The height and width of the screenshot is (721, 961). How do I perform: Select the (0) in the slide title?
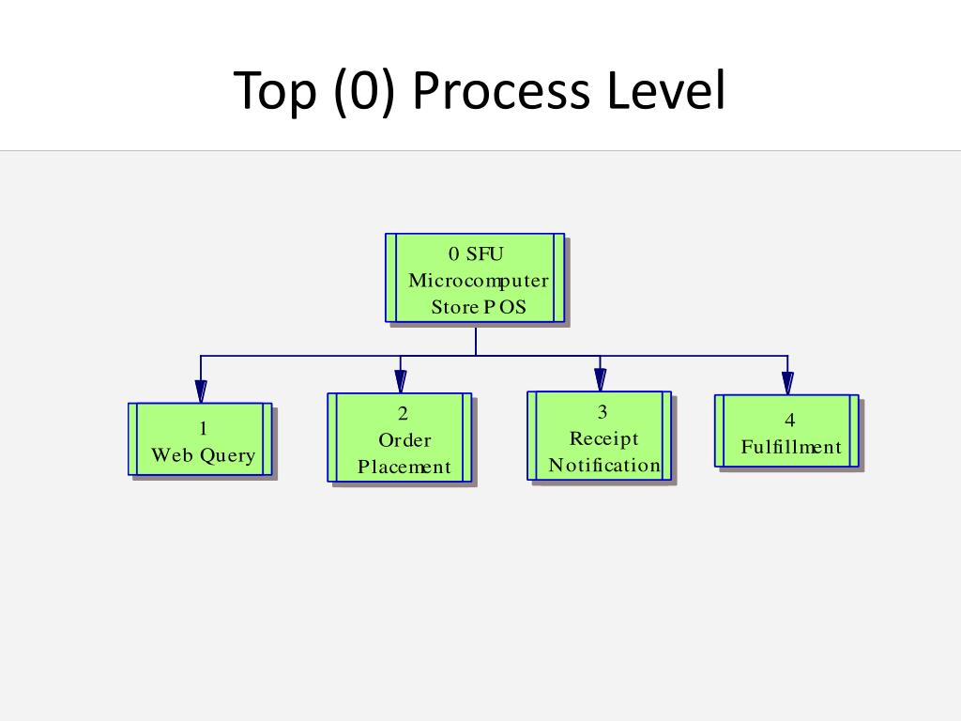361,92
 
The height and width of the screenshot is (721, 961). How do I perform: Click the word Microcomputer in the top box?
478,281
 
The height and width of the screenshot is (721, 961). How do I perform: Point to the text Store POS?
478,307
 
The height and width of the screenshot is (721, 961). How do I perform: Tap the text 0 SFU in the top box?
478,254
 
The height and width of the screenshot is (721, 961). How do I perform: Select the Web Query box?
201,439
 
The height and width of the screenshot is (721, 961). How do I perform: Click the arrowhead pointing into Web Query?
201,391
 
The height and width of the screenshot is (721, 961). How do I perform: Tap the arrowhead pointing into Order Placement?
401,381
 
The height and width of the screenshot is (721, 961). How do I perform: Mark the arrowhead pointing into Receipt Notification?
601,379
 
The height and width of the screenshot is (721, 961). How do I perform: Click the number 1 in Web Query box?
204,430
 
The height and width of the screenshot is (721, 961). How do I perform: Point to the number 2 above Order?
404,414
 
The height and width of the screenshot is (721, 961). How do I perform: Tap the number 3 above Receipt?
603,412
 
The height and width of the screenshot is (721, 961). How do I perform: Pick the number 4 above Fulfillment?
790,421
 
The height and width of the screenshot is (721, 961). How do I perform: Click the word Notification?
604,466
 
